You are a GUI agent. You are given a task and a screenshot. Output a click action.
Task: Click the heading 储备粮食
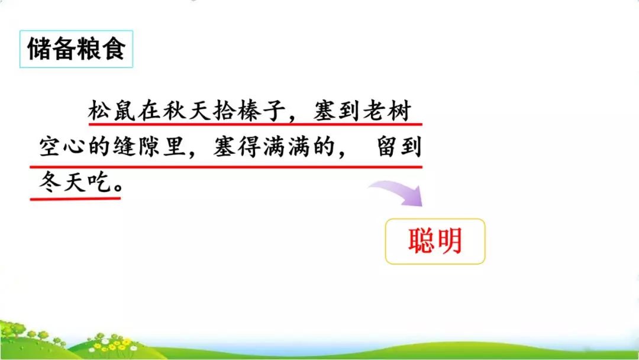click(76, 49)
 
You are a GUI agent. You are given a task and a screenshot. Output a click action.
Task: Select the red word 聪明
click(435, 241)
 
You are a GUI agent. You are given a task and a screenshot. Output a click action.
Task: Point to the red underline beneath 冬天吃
click(75, 198)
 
